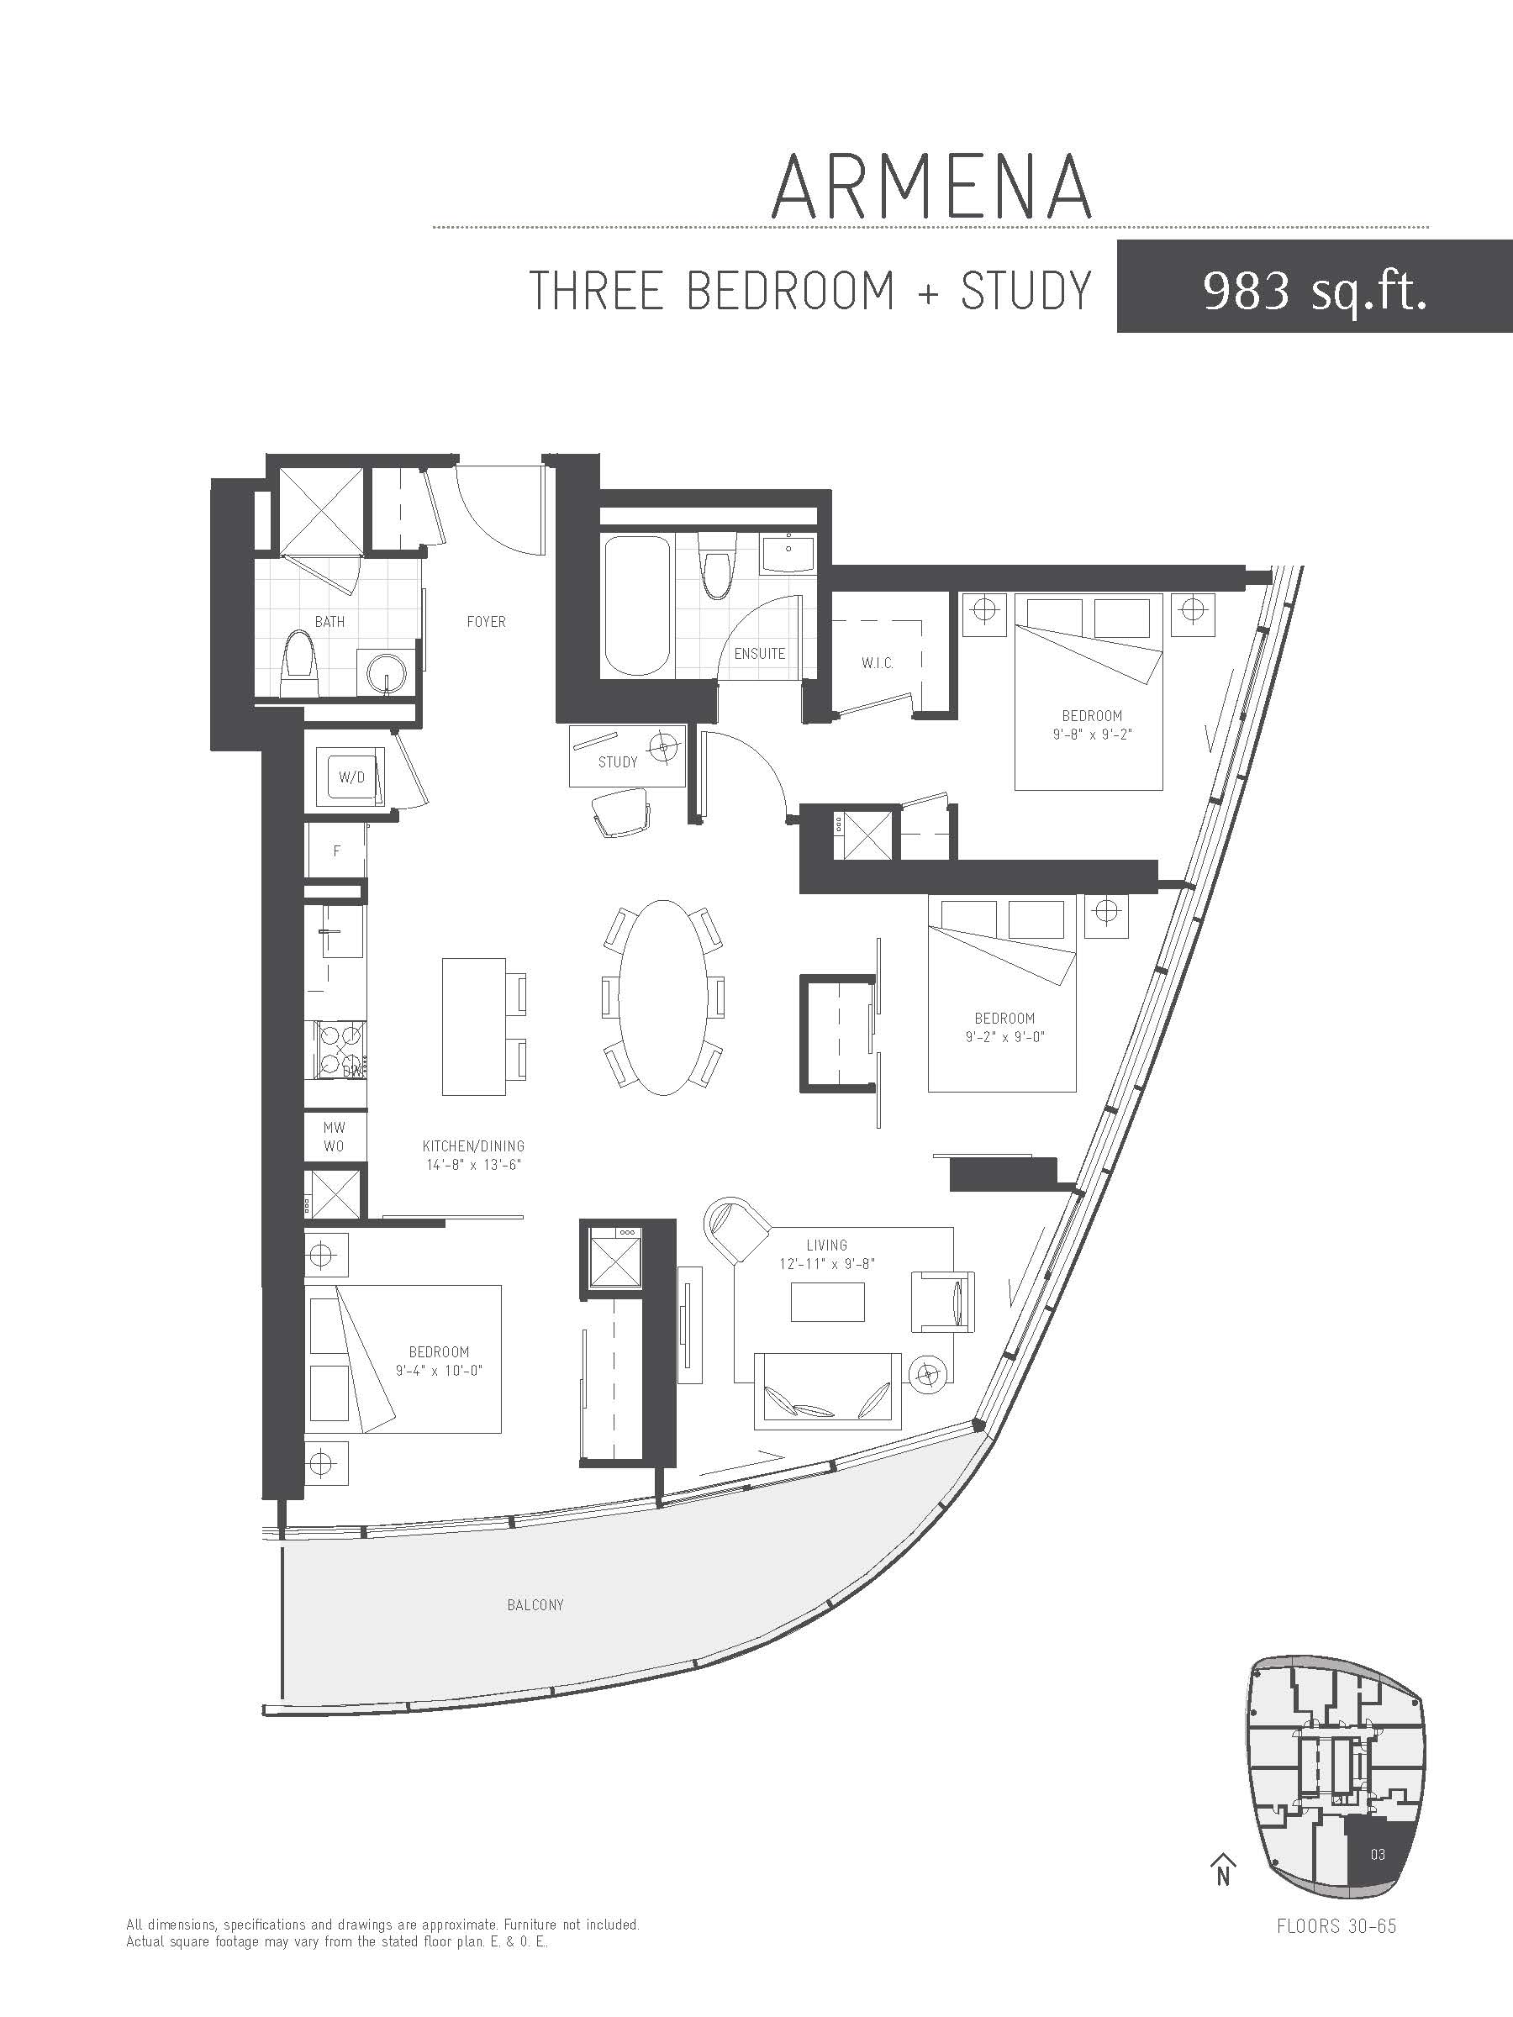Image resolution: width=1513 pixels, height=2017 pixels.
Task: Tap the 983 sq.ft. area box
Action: click(1314, 287)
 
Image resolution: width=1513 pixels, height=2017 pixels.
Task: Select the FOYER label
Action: click(486, 622)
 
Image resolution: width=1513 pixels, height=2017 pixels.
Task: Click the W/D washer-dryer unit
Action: click(351, 777)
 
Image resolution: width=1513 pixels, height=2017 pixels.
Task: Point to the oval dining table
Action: click(663, 998)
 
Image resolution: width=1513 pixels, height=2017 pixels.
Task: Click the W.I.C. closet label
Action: click(877, 663)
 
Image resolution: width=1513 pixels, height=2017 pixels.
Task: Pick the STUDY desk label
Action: click(618, 762)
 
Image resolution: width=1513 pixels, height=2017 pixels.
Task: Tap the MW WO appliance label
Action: click(334, 1137)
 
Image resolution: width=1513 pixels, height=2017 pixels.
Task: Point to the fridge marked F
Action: click(336, 851)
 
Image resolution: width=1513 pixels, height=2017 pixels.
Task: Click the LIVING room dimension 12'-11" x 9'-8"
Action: click(826, 1264)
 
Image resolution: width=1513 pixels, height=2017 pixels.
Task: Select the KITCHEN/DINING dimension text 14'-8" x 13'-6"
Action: click(473, 1165)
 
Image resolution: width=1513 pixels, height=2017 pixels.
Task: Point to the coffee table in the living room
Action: click(827, 1301)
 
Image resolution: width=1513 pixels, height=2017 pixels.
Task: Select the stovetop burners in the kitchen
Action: click(340, 1051)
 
